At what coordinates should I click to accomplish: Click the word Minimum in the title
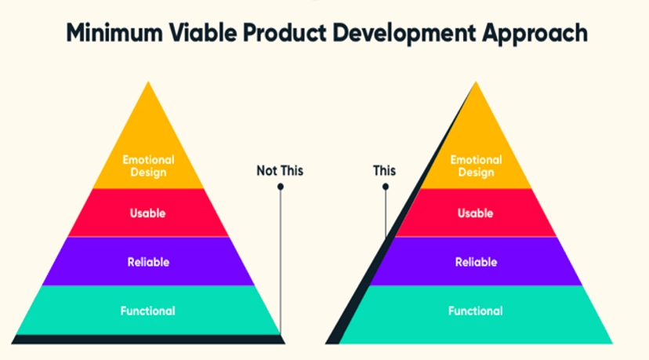point(114,33)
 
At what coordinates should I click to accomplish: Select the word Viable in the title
point(203,33)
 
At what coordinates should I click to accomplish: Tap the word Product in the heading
point(285,33)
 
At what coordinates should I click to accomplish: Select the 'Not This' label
point(280,171)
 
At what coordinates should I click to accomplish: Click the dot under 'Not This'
point(281,187)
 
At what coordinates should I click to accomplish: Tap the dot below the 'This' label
point(386,187)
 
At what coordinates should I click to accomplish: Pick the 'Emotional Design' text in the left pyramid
point(148,165)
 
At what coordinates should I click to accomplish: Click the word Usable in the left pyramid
point(148,213)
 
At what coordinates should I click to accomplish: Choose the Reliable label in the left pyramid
point(148,262)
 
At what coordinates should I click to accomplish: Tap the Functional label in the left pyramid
point(148,311)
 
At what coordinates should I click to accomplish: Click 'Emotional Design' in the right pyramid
point(476,165)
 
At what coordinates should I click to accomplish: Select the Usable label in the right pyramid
point(476,213)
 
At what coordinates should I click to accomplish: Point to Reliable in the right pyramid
point(476,262)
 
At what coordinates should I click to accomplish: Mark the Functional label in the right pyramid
point(476,311)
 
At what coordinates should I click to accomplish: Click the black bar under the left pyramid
point(148,340)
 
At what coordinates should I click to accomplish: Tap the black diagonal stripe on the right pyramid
point(401,213)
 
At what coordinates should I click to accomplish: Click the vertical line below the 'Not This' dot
point(281,262)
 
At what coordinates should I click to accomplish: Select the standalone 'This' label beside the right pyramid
point(384,171)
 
